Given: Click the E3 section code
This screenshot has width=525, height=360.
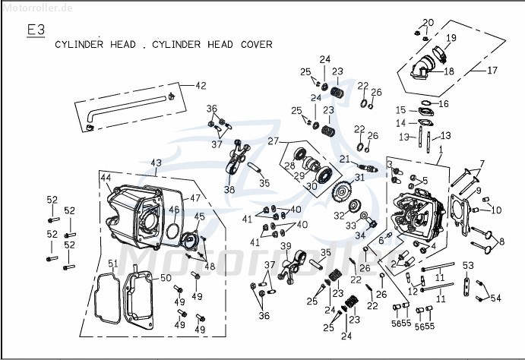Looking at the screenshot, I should [x=36, y=30].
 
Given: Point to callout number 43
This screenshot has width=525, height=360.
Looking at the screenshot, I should [x=156, y=163].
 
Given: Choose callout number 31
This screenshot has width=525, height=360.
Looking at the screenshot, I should [x=359, y=178].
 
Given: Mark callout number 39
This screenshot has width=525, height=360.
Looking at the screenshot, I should [x=286, y=245].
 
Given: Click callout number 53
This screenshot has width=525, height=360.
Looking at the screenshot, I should [x=468, y=265].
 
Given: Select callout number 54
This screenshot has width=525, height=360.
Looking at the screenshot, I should [x=496, y=298].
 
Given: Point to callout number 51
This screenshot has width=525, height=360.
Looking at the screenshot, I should [x=112, y=264].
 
